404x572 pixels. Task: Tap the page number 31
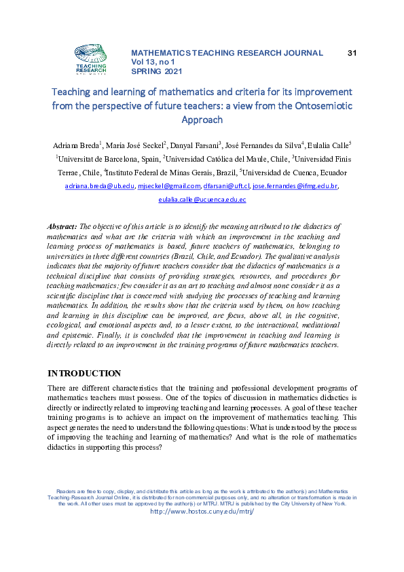[352, 52]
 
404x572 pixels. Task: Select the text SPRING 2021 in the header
[156, 71]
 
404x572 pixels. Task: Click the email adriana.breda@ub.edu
[99, 185]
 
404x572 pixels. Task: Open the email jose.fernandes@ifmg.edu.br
[295, 185]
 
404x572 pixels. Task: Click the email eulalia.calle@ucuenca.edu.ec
[202, 200]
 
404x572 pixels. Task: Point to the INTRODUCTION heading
[84, 374]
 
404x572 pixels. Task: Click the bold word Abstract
[62, 226]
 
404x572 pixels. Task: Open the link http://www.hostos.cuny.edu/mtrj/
[202, 512]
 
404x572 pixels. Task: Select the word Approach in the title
[202, 120]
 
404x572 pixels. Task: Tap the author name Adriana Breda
[75, 145]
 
